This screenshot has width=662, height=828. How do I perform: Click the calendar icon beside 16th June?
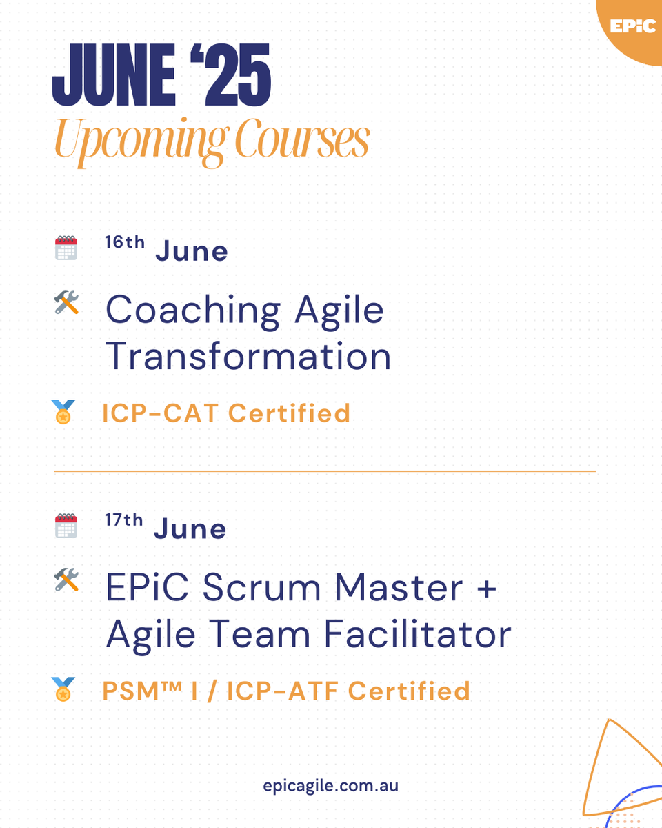click(x=66, y=248)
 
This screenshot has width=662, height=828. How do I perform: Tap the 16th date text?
click(x=125, y=243)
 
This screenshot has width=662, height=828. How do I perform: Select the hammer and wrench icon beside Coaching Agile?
click(x=66, y=303)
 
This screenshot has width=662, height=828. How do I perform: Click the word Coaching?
click(x=192, y=310)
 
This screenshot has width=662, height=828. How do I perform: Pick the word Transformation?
click(x=248, y=357)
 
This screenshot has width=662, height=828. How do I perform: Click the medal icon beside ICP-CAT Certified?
click(x=63, y=413)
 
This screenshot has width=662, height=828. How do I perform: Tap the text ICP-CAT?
click(x=160, y=413)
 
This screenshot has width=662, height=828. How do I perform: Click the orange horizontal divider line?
click(x=324, y=471)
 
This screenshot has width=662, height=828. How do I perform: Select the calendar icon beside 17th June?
click(x=66, y=526)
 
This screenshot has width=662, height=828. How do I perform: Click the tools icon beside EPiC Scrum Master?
click(x=66, y=580)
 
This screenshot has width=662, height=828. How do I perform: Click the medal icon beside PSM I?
click(x=63, y=690)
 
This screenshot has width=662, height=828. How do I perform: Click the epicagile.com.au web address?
click(x=330, y=786)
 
